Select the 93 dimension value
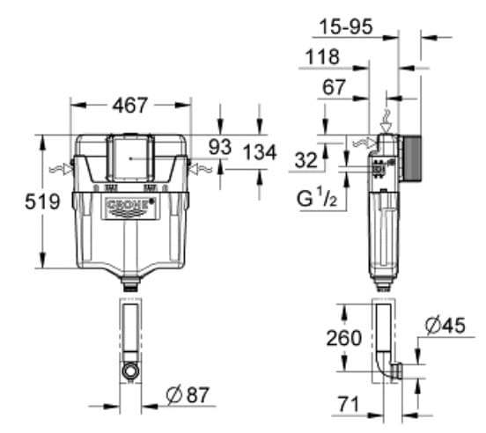(220, 147)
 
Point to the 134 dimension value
(259, 153)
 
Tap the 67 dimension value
(335, 87)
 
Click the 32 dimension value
(306, 159)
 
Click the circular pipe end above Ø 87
(130, 371)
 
